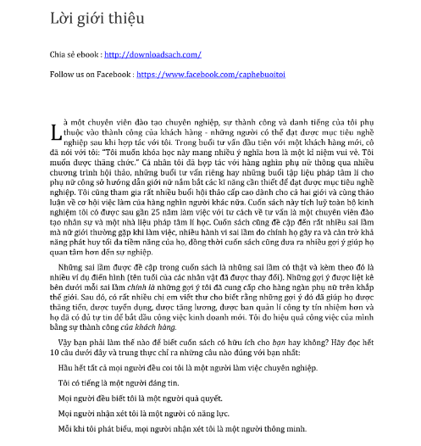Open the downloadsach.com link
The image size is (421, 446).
(152, 55)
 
